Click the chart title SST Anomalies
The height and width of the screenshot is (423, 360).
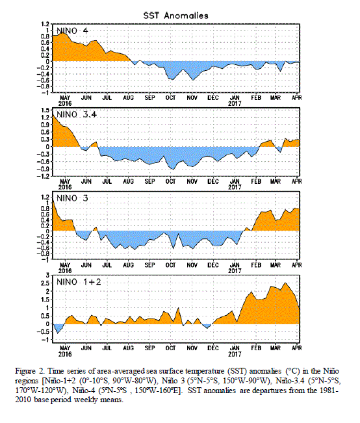tap(175, 16)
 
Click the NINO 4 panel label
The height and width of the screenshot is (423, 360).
tap(72, 31)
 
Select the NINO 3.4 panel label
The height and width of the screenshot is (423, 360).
tap(77, 114)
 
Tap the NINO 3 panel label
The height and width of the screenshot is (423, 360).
tap(72, 198)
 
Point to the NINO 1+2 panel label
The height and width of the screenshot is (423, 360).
tap(79, 282)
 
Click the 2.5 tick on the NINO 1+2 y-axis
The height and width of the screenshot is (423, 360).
tap(45, 283)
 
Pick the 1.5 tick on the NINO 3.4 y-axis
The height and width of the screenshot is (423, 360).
tap(45, 110)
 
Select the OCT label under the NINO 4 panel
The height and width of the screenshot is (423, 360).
tap(170, 97)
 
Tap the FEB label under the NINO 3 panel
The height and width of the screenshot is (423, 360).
tap(256, 265)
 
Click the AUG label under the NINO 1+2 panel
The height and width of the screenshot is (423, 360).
tap(128, 348)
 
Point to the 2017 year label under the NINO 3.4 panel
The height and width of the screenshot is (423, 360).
tap(235, 187)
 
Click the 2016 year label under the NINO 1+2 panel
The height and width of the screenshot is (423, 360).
tap(65, 354)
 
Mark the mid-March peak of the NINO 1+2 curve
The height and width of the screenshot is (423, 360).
tap(285, 283)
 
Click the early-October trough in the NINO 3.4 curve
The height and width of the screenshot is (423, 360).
tap(173, 170)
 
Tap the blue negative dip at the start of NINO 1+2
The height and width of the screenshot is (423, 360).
tap(58, 329)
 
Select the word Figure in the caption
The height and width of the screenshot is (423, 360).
tap(25, 372)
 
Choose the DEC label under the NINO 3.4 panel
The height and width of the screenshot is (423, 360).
tap(213, 181)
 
